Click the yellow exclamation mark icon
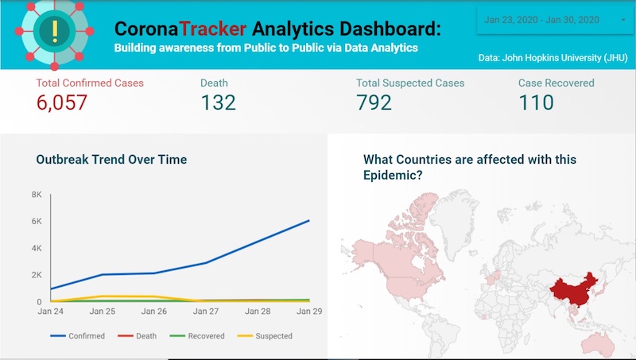(54, 31)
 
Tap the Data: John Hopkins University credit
(552, 58)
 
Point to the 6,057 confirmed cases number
(61, 103)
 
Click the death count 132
(218, 103)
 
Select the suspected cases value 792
(374, 103)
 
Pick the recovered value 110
(536, 103)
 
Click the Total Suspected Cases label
(410, 83)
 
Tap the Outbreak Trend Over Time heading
(111, 160)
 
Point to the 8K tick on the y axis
(37, 195)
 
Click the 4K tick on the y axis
(37, 248)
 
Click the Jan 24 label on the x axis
(51, 311)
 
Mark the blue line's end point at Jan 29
(308, 221)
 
